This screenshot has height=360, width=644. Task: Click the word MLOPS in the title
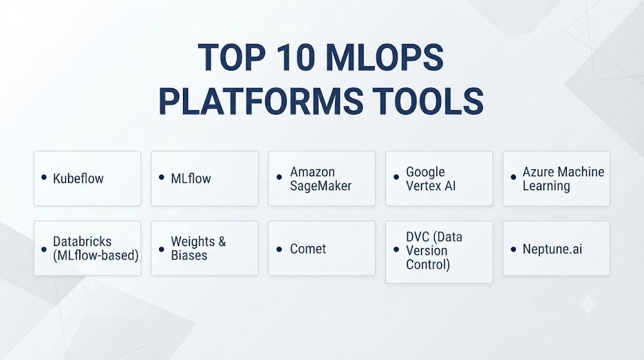[384, 57]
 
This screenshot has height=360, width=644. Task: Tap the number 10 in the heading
[296, 57]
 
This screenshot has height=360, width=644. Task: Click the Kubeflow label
[78, 178]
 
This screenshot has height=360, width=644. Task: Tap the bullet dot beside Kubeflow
[44, 177]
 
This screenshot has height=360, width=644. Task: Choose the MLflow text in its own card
[191, 178]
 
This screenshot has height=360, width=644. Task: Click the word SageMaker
[321, 186]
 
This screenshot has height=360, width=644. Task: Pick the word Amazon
[312, 172]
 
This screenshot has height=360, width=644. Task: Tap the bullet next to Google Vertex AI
[396, 177]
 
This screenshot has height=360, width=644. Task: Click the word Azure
[537, 172]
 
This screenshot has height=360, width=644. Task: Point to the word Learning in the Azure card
[547, 186]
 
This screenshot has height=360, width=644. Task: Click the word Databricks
[82, 241]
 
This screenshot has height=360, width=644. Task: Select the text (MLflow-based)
[96, 255]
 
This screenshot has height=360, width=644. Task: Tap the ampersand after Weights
[222, 241]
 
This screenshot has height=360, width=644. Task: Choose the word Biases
[189, 255]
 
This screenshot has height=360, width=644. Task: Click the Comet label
[308, 249]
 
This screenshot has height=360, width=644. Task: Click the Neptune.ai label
[552, 249]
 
